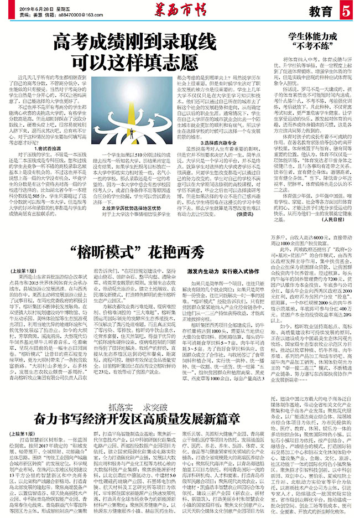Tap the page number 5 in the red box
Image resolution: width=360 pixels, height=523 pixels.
click(347, 12)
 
